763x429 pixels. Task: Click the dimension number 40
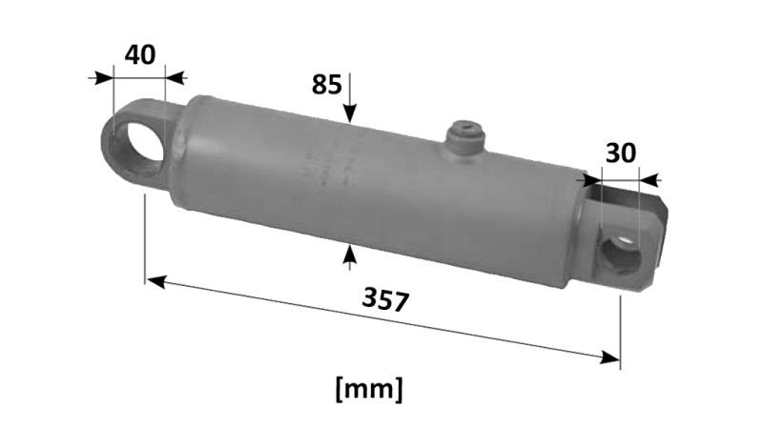click(139, 54)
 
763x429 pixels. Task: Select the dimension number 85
click(326, 85)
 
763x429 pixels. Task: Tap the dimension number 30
click(621, 153)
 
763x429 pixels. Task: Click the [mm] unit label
click(368, 388)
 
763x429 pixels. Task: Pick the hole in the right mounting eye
click(621, 254)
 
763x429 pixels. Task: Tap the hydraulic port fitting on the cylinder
click(464, 138)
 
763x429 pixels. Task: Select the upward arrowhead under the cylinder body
click(351, 253)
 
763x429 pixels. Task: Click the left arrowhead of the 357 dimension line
click(154, 281)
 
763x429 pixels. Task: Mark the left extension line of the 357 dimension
click(145, 238)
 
